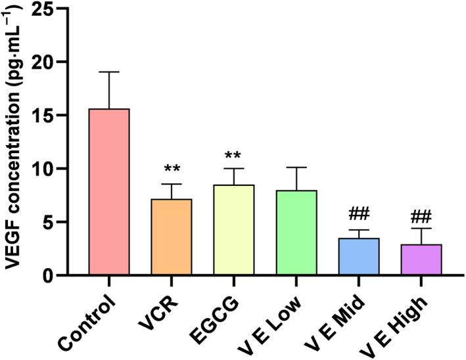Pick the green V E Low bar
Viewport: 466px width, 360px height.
point(296,233)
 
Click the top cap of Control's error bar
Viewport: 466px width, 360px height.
point(109,72)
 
